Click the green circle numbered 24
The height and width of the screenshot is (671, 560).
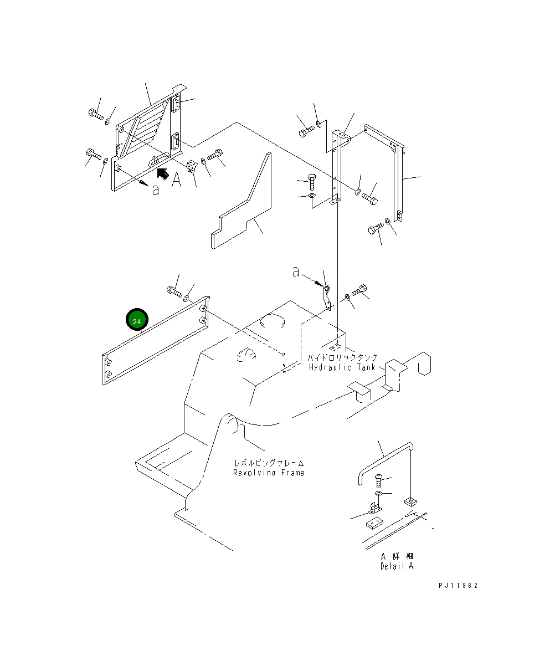pyautogui.click(x=137, y=320)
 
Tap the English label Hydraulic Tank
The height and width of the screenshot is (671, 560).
pyautogui.click(x=342, y=367)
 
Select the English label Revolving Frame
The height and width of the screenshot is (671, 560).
pyautogui.click(x=268, y=473)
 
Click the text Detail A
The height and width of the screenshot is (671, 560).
pyautogui.click(x=397, y=566)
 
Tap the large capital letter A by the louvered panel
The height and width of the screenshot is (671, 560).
pyautogui.click(x=176, y=180)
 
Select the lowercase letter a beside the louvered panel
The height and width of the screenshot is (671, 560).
pyautogui.click(x=156, y=190)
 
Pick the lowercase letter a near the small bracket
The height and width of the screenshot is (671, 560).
pyautogui.click(x=296, y=272)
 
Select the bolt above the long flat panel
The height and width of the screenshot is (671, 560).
pyautogui.click(x=173, y=290)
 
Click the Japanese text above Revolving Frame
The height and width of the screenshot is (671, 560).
pyautogui.click(x=269, y=463)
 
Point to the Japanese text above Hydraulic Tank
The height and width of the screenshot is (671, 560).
pyautogui.click(x=343, y=358)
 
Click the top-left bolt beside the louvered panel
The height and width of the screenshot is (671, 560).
pyautogui.click(x=95, y=115)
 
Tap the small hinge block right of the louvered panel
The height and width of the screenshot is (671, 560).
pyautogui.click(x=192, y=166)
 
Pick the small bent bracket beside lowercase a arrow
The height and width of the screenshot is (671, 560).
pyautogui.click(x=327, y=297)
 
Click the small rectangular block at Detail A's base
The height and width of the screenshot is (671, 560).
pyautogui.click(x=375, y=522)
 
